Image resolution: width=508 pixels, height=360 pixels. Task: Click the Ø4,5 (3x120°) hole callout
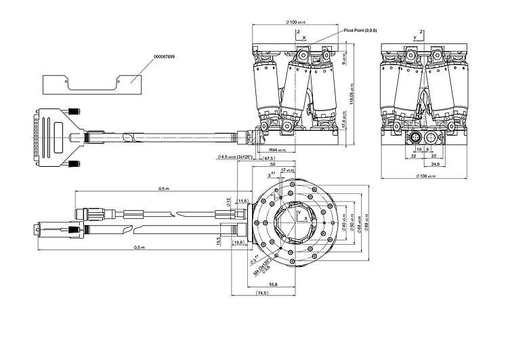click(x=236, y=157)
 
